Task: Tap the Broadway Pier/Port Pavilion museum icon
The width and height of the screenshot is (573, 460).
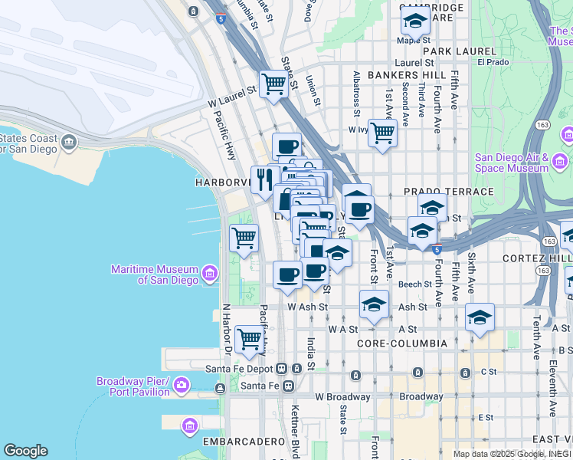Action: [182, 384]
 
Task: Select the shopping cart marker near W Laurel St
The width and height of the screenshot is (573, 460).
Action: [273, 83]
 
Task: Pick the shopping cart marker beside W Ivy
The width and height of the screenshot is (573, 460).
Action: [382, 132]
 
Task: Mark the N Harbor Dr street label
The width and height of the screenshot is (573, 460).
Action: [227, 330]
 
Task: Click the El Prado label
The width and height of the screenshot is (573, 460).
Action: [493, 62]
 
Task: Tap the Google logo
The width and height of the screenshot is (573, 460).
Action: [25, 451]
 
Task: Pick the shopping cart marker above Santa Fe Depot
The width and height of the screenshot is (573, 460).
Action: [250, 338]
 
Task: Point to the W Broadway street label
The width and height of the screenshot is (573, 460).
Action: [342, 397]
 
